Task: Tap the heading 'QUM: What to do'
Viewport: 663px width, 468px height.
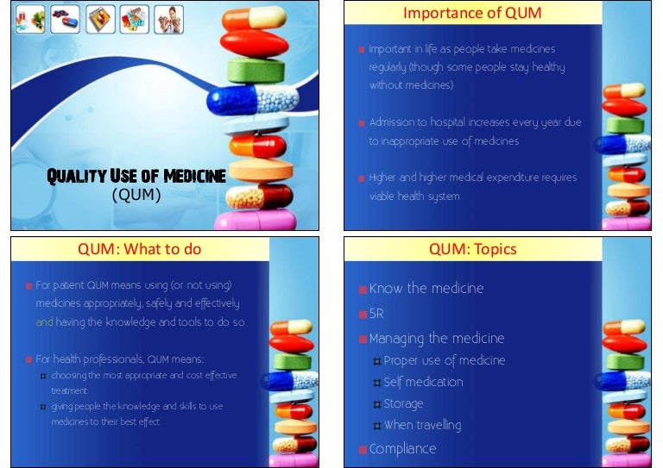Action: pos(139,250)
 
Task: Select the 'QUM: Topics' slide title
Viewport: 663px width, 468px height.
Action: pos(472,250)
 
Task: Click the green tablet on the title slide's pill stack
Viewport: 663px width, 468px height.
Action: pos(256,71)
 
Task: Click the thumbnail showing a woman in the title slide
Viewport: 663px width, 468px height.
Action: pos(169,19)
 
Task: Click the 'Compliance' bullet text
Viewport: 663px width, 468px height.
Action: pos(402,448)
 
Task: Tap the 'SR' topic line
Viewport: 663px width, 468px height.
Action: pos(377,314)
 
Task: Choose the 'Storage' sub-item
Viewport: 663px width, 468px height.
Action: pos(403,403)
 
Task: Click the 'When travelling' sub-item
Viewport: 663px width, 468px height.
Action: pos(422,425)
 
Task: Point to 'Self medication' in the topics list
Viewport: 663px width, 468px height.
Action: pos(423,382)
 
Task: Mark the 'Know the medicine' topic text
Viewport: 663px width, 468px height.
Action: pos(426,289)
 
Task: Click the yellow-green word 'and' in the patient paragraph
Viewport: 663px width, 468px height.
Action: pos(44,321)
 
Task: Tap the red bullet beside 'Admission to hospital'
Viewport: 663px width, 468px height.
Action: pos(362,123)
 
